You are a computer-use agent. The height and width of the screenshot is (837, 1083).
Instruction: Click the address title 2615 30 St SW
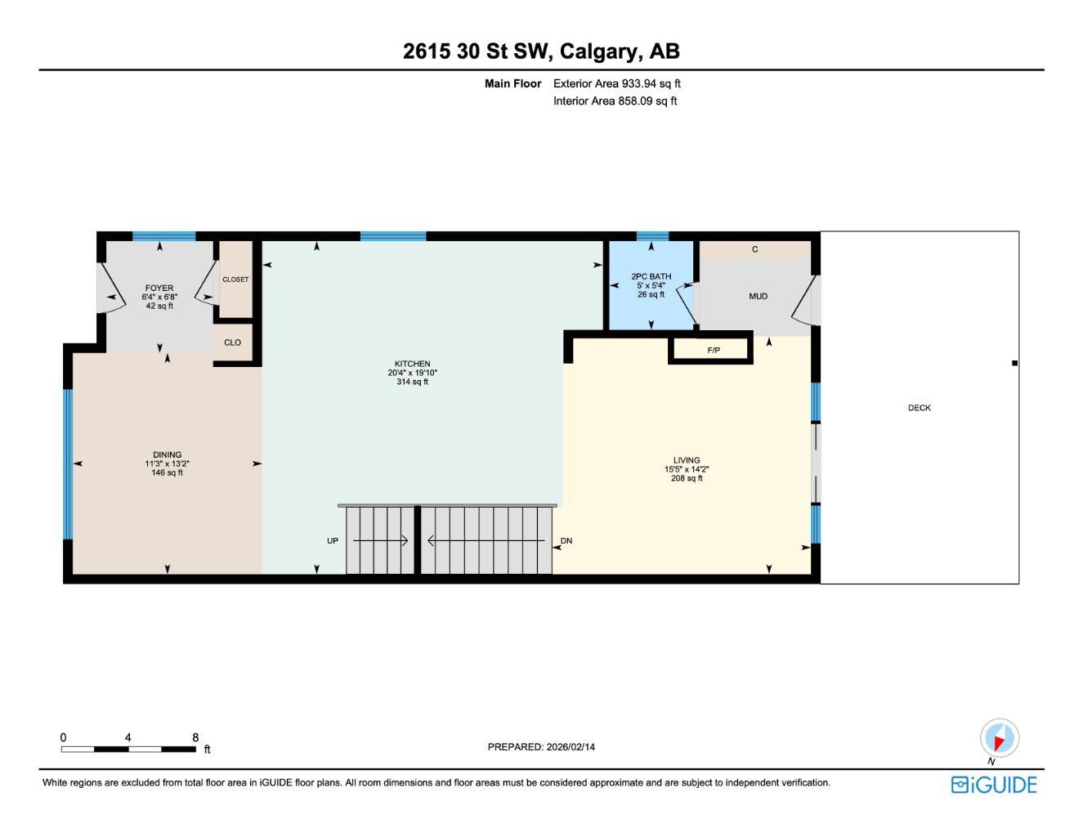click(x=541, y=51)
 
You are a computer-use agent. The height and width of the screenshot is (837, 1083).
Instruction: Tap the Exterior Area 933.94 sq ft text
click(x=616, y=83)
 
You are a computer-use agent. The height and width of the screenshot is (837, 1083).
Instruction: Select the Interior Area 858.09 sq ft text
click(x=615, y=101)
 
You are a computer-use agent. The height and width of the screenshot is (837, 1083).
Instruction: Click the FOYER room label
click(x=159, y=289)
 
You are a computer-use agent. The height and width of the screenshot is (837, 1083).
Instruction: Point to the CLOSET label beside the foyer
click(x=235, y=280)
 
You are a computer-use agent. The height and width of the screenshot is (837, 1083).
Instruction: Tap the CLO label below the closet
click(x=233, y=342)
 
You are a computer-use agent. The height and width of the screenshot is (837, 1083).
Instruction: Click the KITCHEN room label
click(x=412, y=365)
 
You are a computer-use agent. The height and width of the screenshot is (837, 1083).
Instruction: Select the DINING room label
click(x=168, y=455)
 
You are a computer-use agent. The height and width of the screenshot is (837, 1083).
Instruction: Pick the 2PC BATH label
click(x=651, y=277)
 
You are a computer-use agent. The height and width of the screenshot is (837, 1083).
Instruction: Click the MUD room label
click(x=758, y=296)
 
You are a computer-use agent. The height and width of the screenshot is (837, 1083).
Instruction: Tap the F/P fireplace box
click(x=712, y=350)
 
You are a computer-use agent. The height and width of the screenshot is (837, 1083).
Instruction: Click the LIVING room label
click(x=687, y=461)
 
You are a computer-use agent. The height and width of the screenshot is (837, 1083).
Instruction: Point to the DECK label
click(x=920, y=408)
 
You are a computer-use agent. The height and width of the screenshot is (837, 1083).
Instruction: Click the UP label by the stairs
click(x=333, y=541)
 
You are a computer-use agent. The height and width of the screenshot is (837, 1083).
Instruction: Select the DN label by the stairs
click(x=566, y=541)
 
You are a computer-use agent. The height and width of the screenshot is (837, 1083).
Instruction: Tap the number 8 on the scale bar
click(x=195, y=737)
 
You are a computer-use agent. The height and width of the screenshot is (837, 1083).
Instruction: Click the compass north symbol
click(x=999, y=739)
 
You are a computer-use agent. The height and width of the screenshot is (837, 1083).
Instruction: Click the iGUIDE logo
click(x=994, y=785)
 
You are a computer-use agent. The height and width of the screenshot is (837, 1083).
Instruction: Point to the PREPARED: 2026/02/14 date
click(x=541, y=747)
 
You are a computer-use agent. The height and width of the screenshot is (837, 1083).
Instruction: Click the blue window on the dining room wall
click(x=68, y=464)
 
